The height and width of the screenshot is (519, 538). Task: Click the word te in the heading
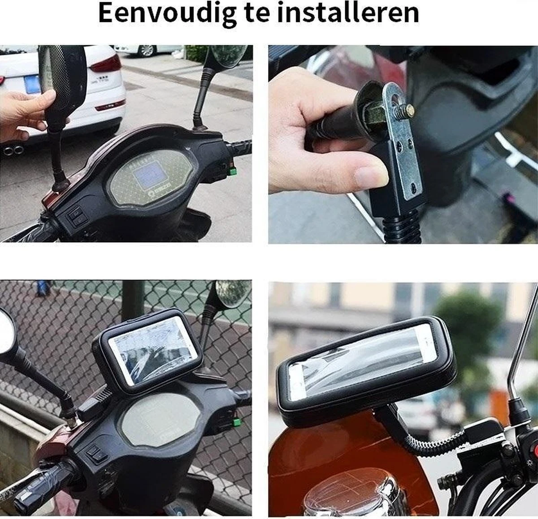pyautogui.click(x=257, y=14)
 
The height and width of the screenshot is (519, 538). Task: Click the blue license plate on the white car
pyautogui.click(x=32, y=84)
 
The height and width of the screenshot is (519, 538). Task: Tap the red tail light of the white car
pyautogui.click(x=106, y=64)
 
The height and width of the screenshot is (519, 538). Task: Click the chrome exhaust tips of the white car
pyautogui.click(x=13, y=150)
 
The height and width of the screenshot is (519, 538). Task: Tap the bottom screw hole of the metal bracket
pyautogui.click(x=413, y=188)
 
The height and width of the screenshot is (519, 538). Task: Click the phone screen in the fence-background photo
pyautogui.click(x=153, y=351)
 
